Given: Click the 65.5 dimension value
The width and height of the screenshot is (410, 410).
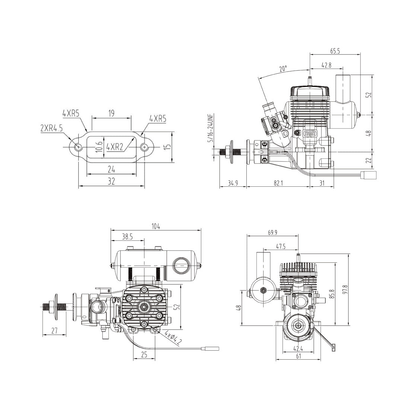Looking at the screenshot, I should (x=335, y=51).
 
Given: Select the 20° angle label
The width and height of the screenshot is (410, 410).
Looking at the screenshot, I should (x=283, y=69).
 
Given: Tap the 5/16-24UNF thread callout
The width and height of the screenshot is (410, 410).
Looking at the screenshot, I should (x=211, y=128).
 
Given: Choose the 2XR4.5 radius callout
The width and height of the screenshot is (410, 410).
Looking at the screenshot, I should (x=52, y=128).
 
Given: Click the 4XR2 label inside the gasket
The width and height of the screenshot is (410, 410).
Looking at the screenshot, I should (x=115, y=147).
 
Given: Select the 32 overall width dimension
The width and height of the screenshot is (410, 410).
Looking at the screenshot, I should (x=111, y=182).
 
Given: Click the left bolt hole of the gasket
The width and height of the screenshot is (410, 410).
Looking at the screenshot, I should (x=78, y=147).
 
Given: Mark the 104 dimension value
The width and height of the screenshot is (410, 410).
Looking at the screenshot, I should (x=156, y=227).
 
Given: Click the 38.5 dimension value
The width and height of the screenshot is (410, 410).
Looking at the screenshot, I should (x=127, y=236).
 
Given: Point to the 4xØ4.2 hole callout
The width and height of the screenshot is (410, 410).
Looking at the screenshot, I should (x=172, y=338).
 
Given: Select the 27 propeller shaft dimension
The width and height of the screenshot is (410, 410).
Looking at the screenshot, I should (x=54, y=331).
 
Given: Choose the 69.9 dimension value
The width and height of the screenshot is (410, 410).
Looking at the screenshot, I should (x=273, y=232).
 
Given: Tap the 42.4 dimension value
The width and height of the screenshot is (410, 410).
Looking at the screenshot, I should (x=298, y=349).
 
